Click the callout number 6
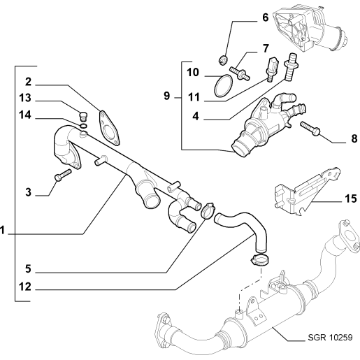[x=265, y=17]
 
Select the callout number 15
[x=351, y=199]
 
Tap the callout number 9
[x=167, y=96]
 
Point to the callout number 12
[x=25, y=287]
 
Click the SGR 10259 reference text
[x=330, y=337]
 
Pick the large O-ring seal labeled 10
[x=224, y=85]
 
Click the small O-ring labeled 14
[x=84, y=126]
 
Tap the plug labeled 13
[x=83, y=117]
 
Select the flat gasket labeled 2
[x=109, y=128]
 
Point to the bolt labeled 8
[x=310, y=129]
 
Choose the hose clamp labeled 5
[x=208, y=210]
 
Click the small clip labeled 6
[x=223, y=59]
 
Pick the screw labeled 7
[x=239, y=73]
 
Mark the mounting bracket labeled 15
[x=306, y=191]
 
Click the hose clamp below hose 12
[x=260, y=259]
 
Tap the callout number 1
[x=2, y=230]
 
